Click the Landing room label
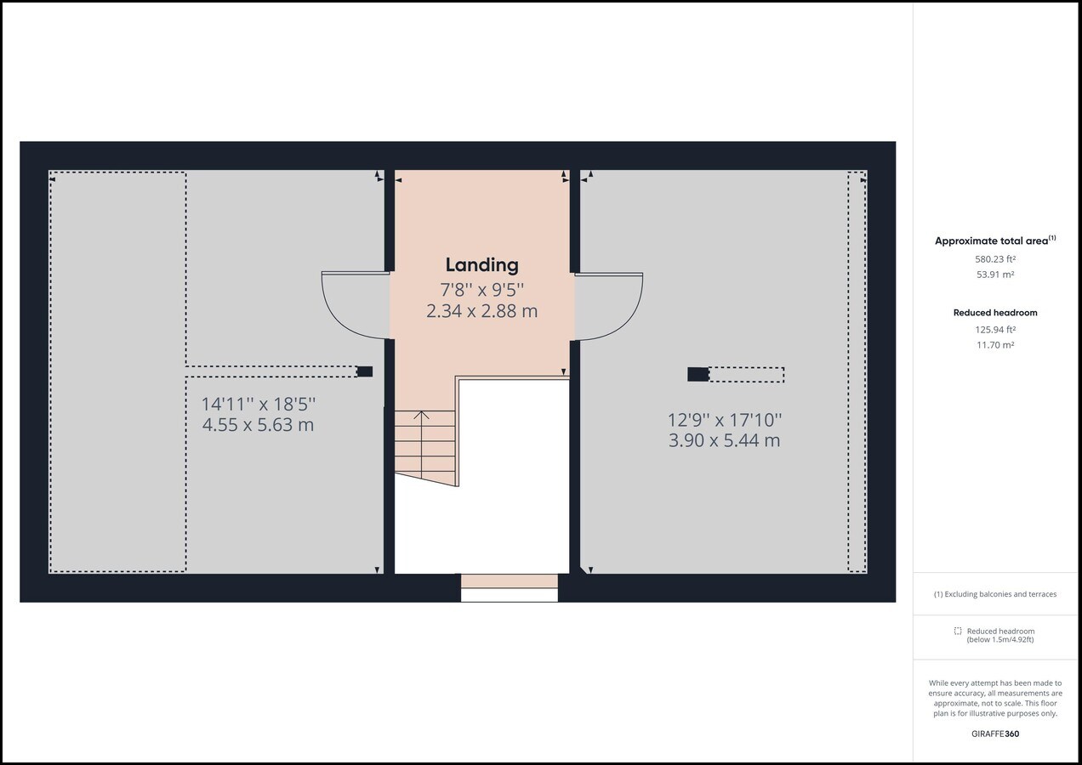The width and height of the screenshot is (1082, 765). (481, 265)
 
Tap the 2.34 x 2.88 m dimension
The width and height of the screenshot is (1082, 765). (481, 311)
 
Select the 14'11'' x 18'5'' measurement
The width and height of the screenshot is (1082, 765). (259, 404)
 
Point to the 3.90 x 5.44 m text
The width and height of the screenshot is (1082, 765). (724, 440)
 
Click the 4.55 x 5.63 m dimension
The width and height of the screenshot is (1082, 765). (258, 425)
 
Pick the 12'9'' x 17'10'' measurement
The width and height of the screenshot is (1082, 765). (725, 420)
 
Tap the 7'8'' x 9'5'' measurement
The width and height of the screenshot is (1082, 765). (481, 290)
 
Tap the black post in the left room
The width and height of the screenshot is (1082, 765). (365, 371)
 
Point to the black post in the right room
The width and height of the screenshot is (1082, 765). (698, 375)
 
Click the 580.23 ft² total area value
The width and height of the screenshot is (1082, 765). (995, 259)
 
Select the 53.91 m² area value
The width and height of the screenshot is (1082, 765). (995, 275)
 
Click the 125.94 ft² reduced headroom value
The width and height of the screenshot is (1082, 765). (995, 330)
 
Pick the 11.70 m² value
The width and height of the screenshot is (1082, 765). (995, 345)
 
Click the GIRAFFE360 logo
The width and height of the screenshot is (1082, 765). (995, 734)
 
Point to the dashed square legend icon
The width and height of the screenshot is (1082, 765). (958, 631)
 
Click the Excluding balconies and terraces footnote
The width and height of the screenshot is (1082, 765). (995, 594)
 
